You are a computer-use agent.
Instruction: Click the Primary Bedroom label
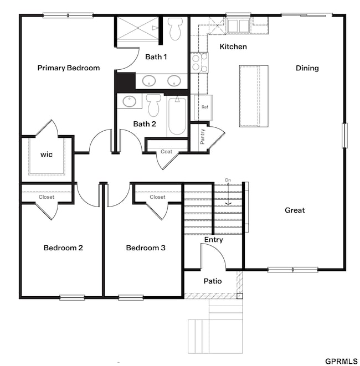[69, 68]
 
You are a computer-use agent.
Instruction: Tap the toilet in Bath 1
[175, 29]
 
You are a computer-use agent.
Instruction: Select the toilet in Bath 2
[153, 105]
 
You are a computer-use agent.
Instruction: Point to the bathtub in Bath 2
[177, 116]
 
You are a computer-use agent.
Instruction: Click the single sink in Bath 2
[130, 101]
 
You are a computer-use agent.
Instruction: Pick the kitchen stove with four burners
[199, 63]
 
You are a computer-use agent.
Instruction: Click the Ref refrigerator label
[205, 107]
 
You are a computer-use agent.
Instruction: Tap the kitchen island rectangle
[254, 96]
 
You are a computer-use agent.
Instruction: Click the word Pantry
[202, 137]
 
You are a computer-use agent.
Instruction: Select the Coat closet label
[167, 152]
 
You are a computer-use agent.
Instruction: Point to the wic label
[47, 154]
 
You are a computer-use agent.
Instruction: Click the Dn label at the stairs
[228, 180]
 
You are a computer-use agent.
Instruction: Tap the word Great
[295, 210]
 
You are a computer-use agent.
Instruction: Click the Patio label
[213, 281]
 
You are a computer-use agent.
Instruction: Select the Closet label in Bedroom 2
[47, 197]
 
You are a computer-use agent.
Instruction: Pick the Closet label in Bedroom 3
[157, 197]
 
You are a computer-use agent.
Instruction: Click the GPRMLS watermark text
[341, 362]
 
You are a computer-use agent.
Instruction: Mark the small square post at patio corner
[240, 296]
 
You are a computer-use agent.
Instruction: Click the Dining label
[307, 68]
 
